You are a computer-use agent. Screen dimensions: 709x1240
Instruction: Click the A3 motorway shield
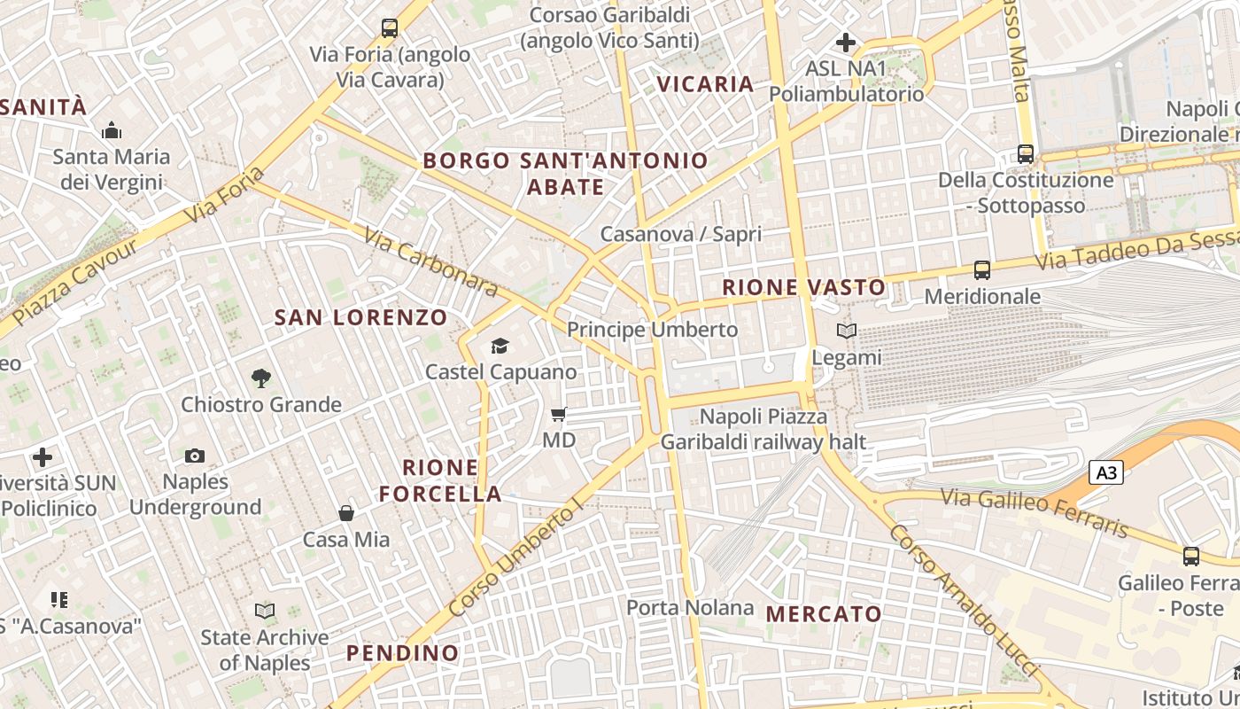[x=1107, y=473]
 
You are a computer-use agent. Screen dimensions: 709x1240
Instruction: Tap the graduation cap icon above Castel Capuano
[x=500, y=346]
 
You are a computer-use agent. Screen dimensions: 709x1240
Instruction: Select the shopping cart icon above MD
[x=558, y=414]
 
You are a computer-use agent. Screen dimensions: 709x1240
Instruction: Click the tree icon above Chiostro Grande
[x=260, y=378]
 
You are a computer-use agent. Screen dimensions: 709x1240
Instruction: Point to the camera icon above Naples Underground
[x=195, y=456]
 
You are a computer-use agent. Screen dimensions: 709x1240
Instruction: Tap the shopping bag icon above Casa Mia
[x=346, y=513]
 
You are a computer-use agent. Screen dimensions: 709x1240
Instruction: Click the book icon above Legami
[x=847, y=331]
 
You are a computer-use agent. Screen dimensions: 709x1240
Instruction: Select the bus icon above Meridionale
[x=981, y=269]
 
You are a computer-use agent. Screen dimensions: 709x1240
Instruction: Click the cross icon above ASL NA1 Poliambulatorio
[x=846, y=42]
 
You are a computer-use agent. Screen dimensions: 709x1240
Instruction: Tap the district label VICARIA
[x=705, y=84]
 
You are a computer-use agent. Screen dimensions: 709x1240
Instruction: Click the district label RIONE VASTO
[x=803, y=287]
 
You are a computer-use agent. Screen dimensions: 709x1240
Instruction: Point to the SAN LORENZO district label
[x=360, y=317]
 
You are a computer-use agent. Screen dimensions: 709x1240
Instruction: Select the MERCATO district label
[x=824, y=613]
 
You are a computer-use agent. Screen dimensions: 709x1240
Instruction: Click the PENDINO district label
[x=403, y=653]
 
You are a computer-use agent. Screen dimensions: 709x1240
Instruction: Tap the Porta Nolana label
[x=690, y=608]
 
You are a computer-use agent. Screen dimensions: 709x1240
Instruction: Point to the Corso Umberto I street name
[x=517, y=557]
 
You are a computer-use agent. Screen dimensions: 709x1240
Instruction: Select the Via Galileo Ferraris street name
[x=1035, y=512]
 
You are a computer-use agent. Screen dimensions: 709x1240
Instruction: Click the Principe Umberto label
[x=652, y=330]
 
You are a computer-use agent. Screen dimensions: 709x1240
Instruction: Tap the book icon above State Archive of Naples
[x=264, y=611]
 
